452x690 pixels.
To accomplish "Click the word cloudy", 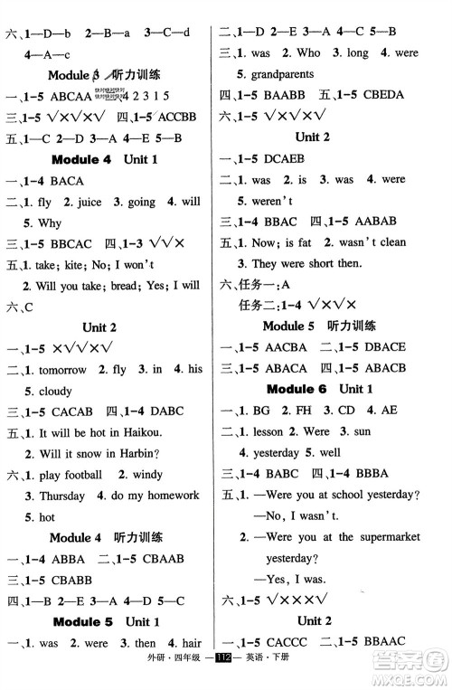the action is [x=54, y=392].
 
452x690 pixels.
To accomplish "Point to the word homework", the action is [x=169, y=496].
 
